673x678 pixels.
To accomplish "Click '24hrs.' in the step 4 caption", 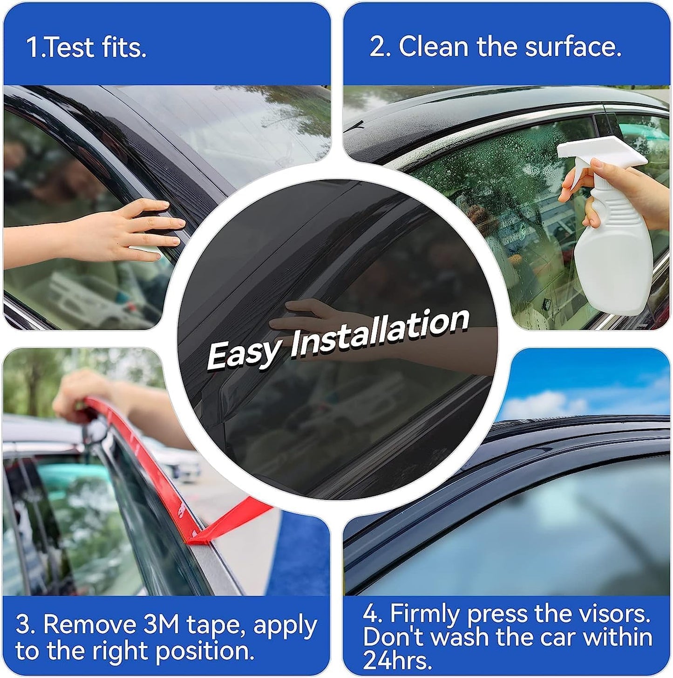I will [x=397, y=660].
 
